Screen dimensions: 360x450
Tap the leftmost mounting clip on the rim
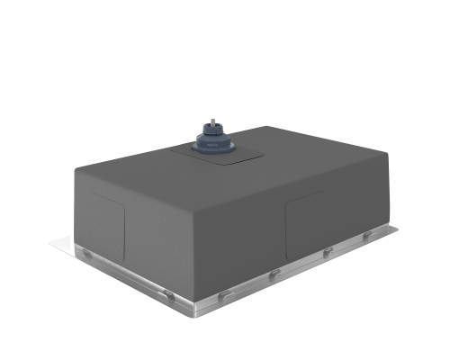(86, 255)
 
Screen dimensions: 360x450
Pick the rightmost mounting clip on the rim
(366, 237)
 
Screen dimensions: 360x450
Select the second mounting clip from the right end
(328, 252)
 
